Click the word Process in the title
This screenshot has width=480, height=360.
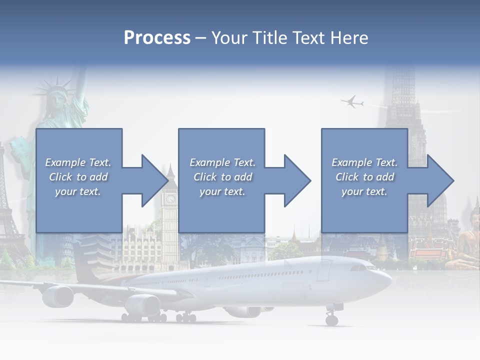[x=157, y=37]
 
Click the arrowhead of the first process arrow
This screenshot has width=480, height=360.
[x=154, y=180]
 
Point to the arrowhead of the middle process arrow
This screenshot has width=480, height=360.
[x=297, y=180]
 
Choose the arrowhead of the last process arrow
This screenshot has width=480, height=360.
[x=439, y=180]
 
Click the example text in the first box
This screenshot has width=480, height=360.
[x=78, y=177]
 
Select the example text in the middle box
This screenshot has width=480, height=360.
[x=222, y=177]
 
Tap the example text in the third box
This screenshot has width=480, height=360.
[x=364, y=177]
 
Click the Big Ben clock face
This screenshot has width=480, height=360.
[x=171, y=198]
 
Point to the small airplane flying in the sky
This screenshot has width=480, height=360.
[x=352, y=102]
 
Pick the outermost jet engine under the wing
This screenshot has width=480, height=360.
[x=58, y=296]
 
